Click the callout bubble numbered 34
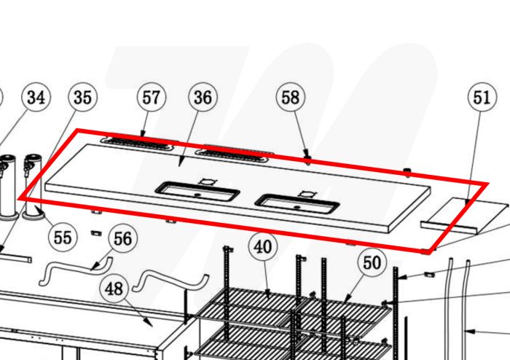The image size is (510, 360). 36,97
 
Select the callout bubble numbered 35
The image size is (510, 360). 82,97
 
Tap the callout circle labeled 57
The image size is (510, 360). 152,97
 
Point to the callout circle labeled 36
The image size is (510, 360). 203,97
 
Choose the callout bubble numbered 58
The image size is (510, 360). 291,97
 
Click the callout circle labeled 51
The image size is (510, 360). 482,97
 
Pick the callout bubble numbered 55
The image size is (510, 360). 63,237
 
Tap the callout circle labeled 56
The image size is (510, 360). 123,238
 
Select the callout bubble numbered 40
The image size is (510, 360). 263,246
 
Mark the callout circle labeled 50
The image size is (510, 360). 372,262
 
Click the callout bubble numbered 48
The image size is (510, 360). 114,289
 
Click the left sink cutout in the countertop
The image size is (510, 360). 197,192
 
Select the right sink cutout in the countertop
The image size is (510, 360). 297,204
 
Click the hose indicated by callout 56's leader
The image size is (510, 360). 76,269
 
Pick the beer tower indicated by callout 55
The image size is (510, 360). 34,187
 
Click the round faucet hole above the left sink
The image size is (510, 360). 207,181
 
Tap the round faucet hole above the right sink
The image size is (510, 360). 307,194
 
